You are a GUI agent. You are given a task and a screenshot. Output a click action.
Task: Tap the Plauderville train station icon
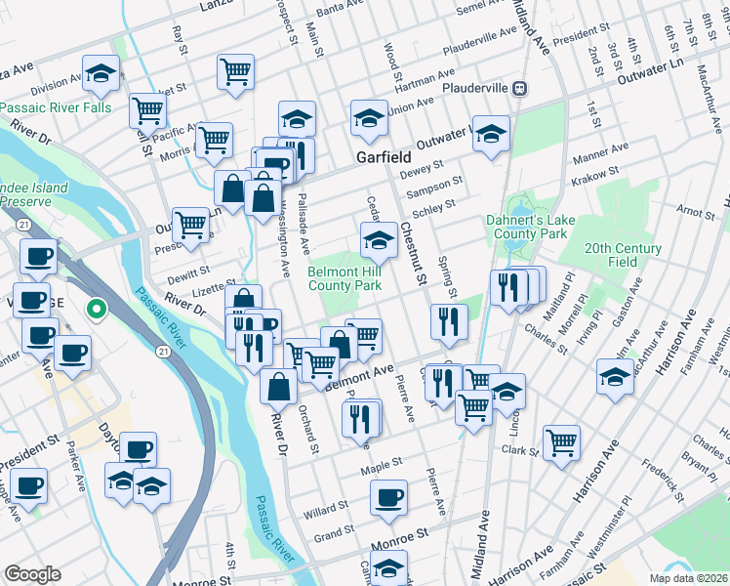[522, 88]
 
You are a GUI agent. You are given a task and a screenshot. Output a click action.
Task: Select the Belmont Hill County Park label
[345, 278]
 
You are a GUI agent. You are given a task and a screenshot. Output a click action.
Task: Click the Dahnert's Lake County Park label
[527, 228]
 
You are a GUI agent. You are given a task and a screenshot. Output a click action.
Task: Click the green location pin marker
[96, 310]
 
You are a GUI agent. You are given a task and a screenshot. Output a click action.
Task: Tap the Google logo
[32, 574]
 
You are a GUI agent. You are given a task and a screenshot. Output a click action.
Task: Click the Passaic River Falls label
[56, 107]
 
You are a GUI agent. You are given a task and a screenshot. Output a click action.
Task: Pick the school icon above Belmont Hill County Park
[379, 239]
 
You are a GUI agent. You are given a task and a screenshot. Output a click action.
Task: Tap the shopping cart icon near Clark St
[562, 441]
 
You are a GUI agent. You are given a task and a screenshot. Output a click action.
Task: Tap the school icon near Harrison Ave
[615, 376]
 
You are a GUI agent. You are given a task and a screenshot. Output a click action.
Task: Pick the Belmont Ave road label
[357, 376]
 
